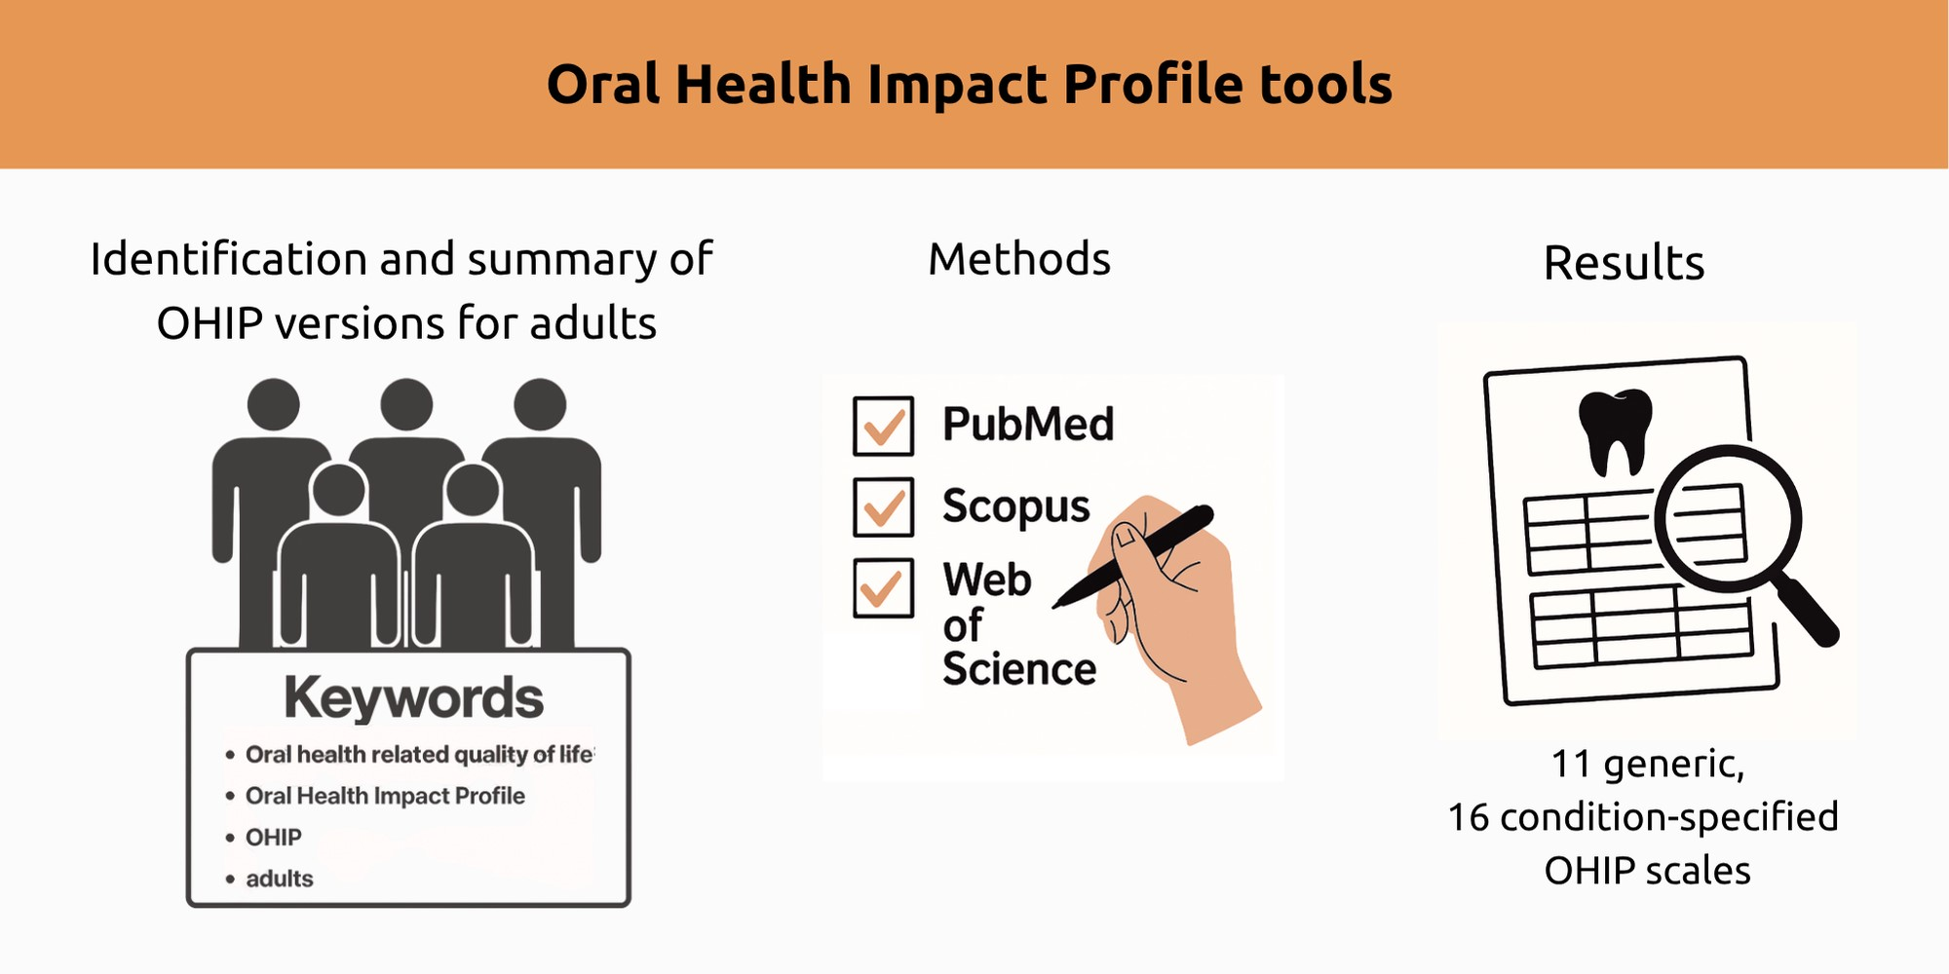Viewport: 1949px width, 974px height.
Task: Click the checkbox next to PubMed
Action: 883,426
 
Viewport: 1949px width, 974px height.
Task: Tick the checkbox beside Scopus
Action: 883,506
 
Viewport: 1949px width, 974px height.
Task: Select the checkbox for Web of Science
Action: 883,587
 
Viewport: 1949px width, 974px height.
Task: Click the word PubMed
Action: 1028,425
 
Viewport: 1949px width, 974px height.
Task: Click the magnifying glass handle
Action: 1805,611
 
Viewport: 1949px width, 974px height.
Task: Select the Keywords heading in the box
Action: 413,698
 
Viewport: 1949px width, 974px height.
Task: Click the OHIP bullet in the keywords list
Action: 274,838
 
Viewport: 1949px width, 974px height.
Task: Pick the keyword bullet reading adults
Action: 280,879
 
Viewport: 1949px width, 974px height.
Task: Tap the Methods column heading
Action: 1019,259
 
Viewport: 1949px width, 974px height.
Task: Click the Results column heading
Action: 1624,263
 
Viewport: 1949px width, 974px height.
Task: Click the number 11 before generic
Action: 1572,764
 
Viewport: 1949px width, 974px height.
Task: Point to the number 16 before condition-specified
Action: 1469,817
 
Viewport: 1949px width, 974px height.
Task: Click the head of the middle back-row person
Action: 406,404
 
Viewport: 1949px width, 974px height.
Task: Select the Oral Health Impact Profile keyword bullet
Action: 385,796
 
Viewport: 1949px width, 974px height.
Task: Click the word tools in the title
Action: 1325,85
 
